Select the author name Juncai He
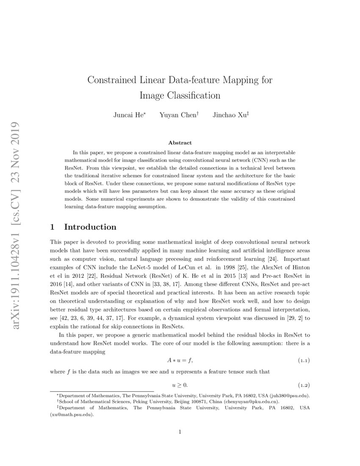(128, 115)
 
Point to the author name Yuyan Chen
(178, 115)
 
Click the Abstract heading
(180, 143)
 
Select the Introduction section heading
(90, 227)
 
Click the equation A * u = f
(180, 361)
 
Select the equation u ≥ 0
(180, 385)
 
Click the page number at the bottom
(180, 432)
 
